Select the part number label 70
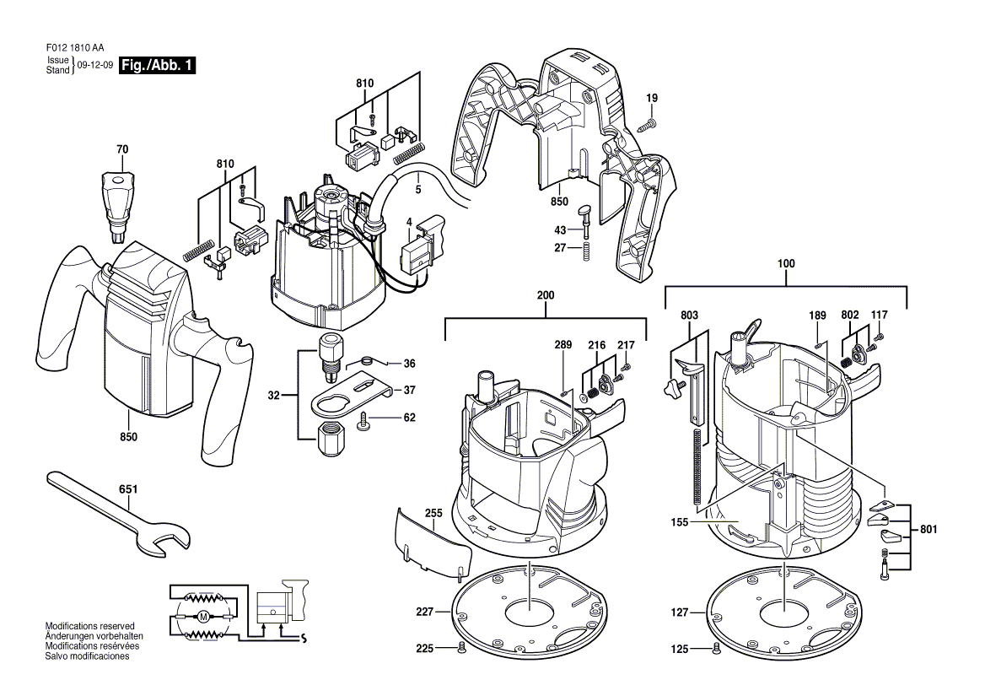click(122, 149)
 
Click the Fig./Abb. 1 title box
click(158, 65)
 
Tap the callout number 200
click(546, 295)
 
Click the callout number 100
click(786, 264)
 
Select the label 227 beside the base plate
click(424, 612)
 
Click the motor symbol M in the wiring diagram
click(203, 617)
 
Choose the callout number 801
click(928, 530)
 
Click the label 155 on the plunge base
click(679, 522)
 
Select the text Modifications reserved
click(90, 626)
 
